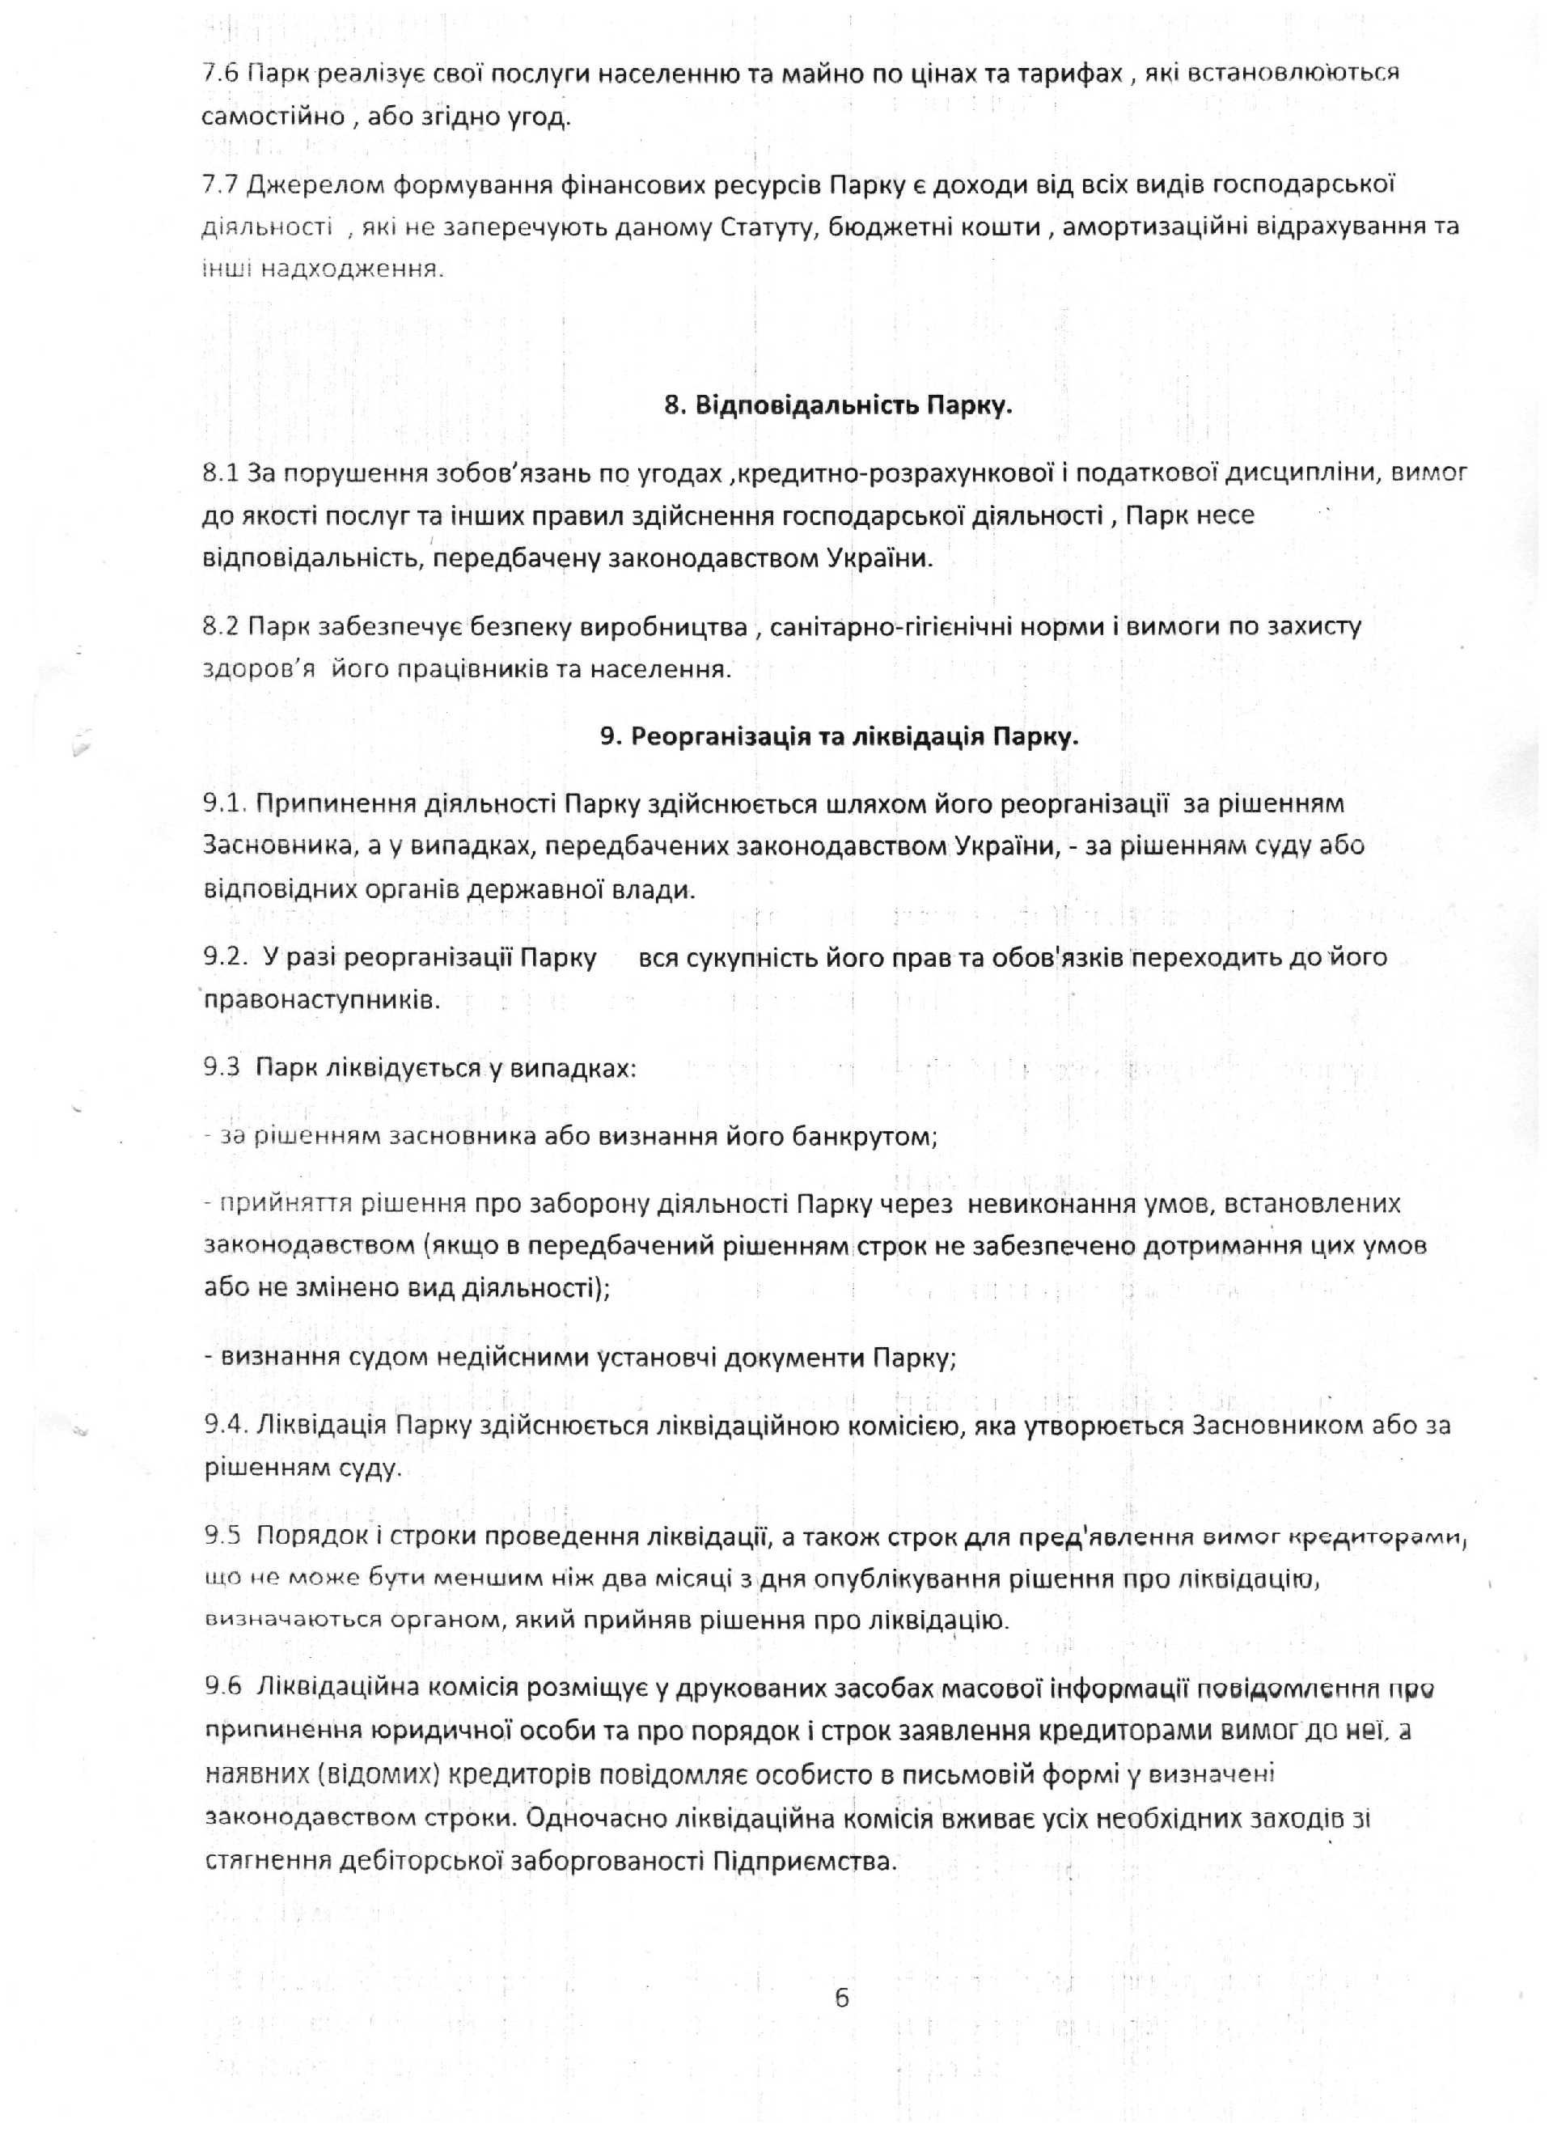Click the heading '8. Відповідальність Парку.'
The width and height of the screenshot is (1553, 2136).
(x=838, y=405)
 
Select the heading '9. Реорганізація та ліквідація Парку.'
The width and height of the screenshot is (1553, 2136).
(x=839, y=735)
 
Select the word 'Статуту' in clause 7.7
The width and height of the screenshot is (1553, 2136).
(x=769, y=227)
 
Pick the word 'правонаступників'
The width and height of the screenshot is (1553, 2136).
(x=322, y=999)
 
